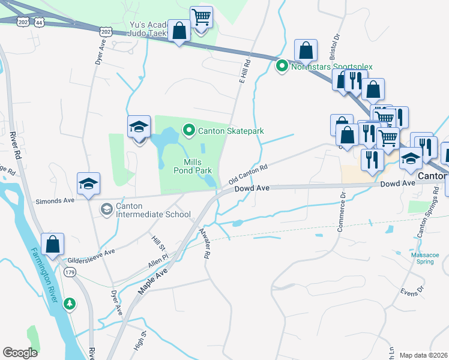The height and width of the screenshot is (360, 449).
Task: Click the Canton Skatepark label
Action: coord(231,131)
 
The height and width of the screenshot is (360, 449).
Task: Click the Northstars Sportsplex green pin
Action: coord(282,67)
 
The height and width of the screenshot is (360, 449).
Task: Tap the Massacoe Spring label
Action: coord(425,259)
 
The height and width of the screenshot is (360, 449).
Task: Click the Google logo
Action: coord(20,353)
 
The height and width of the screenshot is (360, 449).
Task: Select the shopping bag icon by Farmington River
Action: coord(53,245)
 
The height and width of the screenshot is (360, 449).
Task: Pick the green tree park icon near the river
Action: coord(70,304)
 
